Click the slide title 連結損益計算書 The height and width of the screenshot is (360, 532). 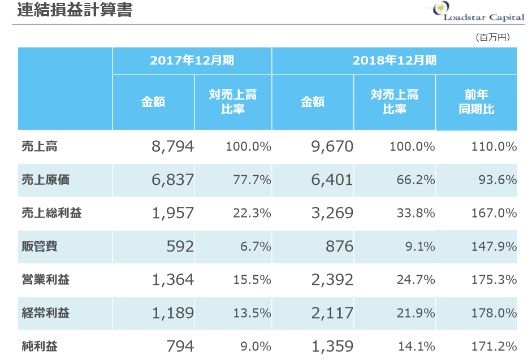click(x=75, y=11)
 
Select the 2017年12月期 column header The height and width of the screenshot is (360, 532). click(x=192, y=60)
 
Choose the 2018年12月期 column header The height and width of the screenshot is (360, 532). click(x=394, y=60)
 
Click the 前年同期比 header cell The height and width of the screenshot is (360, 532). click(x=476, y=102)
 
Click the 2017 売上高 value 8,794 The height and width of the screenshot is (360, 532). click(x=172, y=147)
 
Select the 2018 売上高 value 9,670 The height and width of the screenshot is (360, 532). click(x=332, y=147)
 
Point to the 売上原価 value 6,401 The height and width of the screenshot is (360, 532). click(x=332, y=180)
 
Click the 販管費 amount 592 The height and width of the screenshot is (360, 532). click(x=179, y=246)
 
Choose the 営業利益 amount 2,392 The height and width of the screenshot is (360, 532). click(x=332, y=280)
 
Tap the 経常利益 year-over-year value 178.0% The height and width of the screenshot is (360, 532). click(x=494, y=313)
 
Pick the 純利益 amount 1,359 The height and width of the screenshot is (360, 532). click(x=332, y=346)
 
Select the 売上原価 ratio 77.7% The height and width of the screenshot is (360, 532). click(x=252, y=180)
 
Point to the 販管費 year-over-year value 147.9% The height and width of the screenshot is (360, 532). click(x=494, y=246)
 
